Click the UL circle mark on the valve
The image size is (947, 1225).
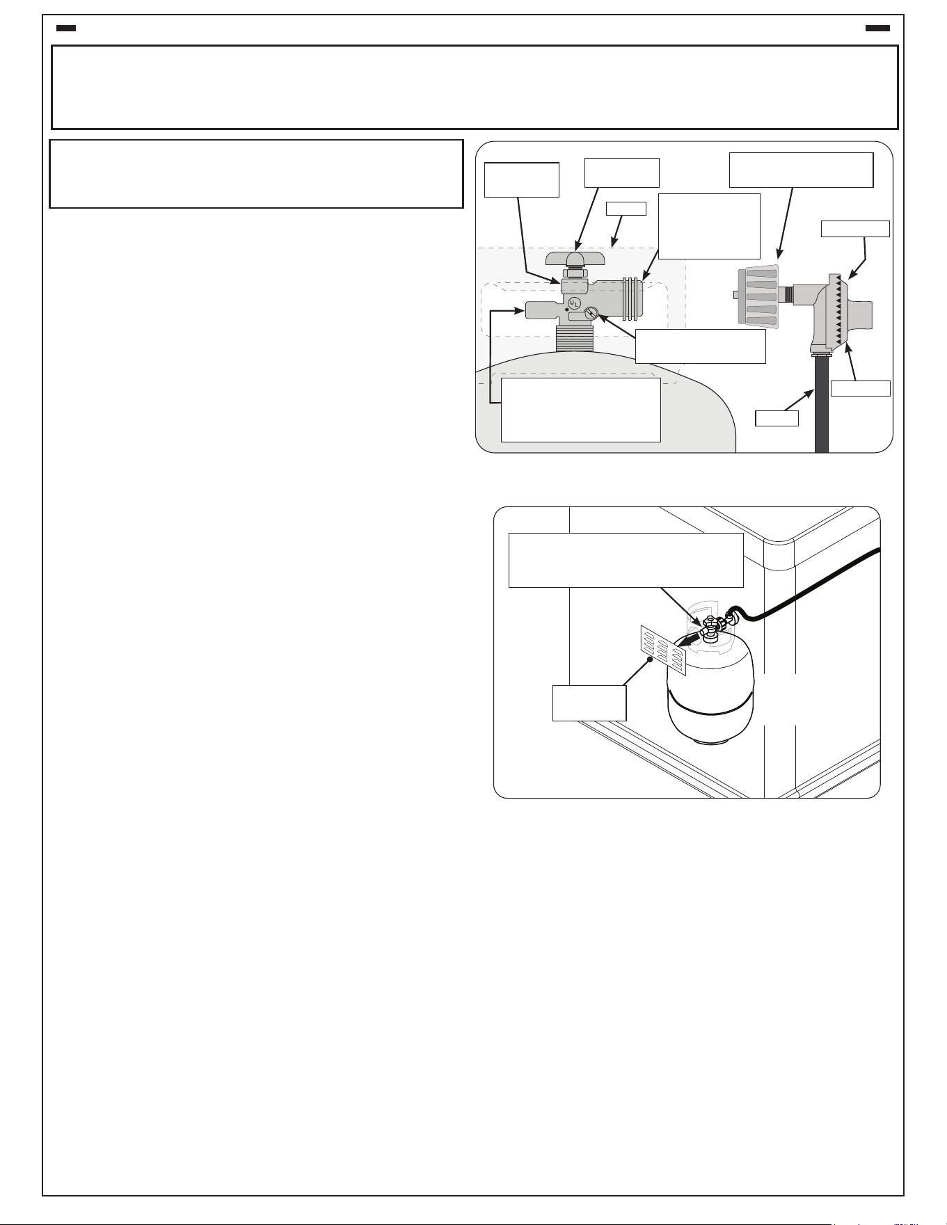coord(574,303)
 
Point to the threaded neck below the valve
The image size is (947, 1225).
coord(575,338)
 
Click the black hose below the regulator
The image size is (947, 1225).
coord(822,404)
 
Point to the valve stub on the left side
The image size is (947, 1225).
coord(543,310)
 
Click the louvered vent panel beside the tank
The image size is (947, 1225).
coord(663,650)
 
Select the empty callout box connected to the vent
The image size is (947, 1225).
coord(589,703)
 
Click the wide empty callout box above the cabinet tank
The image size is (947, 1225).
coord(626,560)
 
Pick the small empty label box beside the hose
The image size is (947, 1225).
coord(777,418)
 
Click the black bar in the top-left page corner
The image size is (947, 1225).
coord(65,29)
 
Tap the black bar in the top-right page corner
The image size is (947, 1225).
coord(877,29)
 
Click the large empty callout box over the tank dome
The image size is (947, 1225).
coord(580,410)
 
